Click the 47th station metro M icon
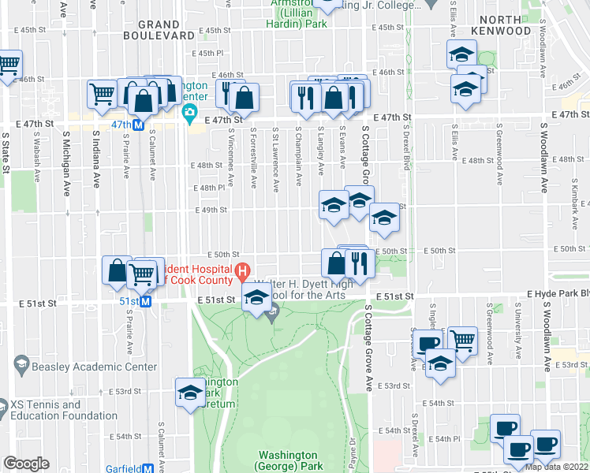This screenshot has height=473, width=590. (x=138, y=125)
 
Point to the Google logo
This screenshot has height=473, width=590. (x=26, y=464)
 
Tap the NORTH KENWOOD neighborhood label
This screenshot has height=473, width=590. (x=501, y=24)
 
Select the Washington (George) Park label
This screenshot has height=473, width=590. (x=288, y=460)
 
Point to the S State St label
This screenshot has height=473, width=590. (x=6, y=151)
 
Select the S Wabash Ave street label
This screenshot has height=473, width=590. (x=36, y=152)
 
